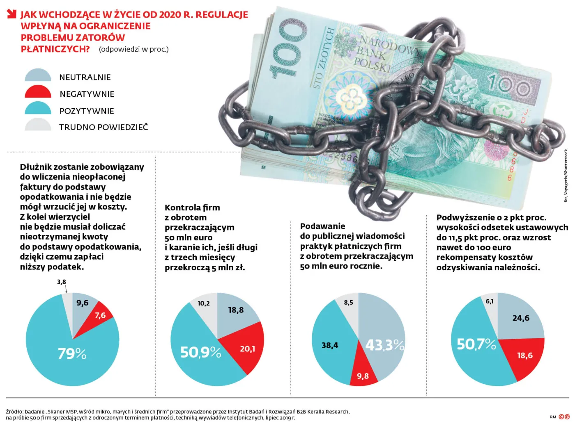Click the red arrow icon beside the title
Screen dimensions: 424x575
11,14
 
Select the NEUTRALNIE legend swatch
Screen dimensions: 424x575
38,76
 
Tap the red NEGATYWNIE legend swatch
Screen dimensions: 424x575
38,93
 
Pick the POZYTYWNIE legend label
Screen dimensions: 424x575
87,111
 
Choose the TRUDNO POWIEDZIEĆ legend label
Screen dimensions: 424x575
103,127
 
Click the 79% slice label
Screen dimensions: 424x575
72,353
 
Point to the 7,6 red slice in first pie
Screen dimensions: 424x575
100,315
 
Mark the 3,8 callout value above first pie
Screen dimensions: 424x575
61,282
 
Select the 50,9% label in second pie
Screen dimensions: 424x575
200,352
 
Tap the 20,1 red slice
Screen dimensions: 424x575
247,349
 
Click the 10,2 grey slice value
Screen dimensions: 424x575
203,303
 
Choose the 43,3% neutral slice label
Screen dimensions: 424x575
385,345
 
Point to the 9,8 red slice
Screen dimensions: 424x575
363,376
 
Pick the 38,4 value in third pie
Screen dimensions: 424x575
330,345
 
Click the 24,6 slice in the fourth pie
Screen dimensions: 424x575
521,318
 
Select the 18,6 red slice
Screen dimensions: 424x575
524,355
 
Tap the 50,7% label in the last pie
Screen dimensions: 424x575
476,344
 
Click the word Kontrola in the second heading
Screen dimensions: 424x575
182,207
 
